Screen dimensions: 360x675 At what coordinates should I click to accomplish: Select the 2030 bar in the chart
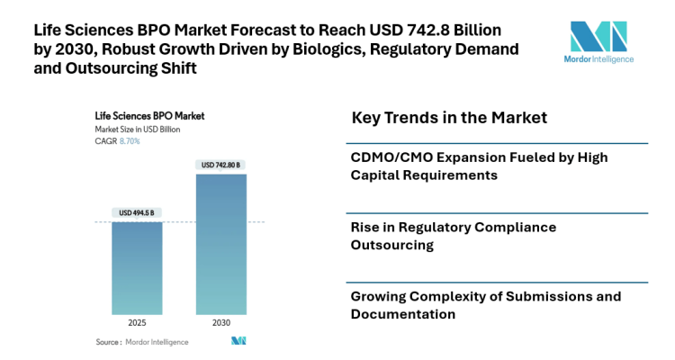pos(220,243)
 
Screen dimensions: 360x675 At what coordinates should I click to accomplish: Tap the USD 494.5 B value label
pos(136,212)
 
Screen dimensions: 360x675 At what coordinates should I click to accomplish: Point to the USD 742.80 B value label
pos(220,165)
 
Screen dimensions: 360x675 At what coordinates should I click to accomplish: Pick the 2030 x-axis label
pos(220,323)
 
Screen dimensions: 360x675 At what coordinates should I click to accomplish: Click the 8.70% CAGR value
pos(130,141)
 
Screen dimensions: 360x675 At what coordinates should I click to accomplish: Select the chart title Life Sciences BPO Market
pos(149,116)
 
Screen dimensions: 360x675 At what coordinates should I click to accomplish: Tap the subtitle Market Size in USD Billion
pos(138,130)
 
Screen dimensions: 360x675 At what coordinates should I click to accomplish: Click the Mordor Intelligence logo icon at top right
pos(598,37)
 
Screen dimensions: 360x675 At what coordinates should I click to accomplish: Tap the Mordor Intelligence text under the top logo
pos(601,59)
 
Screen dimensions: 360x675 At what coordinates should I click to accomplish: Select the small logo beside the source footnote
pos(238,341)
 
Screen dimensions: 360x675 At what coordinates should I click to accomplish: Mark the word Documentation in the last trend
pos(403,314)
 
